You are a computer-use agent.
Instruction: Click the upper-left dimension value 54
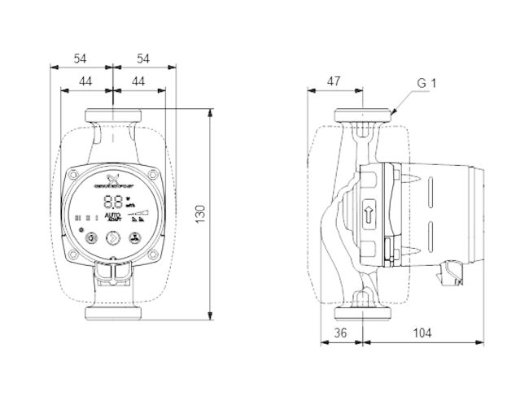81,59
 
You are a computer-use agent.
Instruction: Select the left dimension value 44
87,81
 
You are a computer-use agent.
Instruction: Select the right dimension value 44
138,81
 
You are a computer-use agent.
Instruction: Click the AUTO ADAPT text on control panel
114,217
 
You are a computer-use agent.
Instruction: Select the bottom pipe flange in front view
114,313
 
